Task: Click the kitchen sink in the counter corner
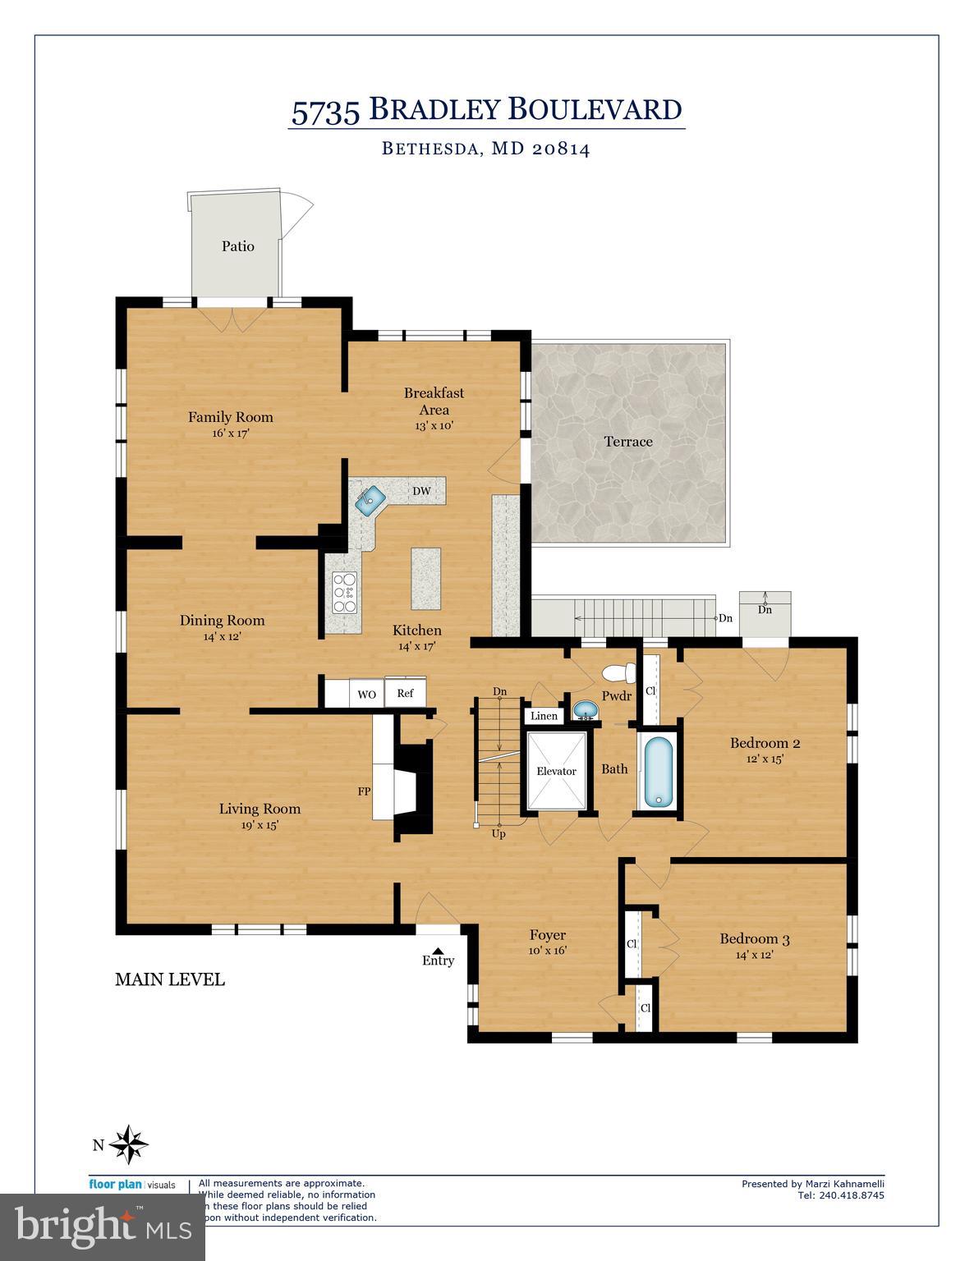[371, 498]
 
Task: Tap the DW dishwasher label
[421, 491]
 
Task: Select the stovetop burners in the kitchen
[344, 593]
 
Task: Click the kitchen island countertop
[425, 579]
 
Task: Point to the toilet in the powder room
[618, 674]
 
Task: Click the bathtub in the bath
[658, 772]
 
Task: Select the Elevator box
[556, 771]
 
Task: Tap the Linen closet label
[544, 716]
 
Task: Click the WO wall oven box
[366, 695]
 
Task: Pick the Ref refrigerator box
[406, 693]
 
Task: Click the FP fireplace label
[363, 791]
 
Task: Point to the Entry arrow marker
[438, 951]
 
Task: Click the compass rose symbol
[128, 1144]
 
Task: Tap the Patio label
[237, 245]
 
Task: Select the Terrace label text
[628, 442]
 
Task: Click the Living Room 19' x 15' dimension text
[260, 826]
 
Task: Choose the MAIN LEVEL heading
[169, 979]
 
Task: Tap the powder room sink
[585, 709]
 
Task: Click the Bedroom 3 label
[755, 938]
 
